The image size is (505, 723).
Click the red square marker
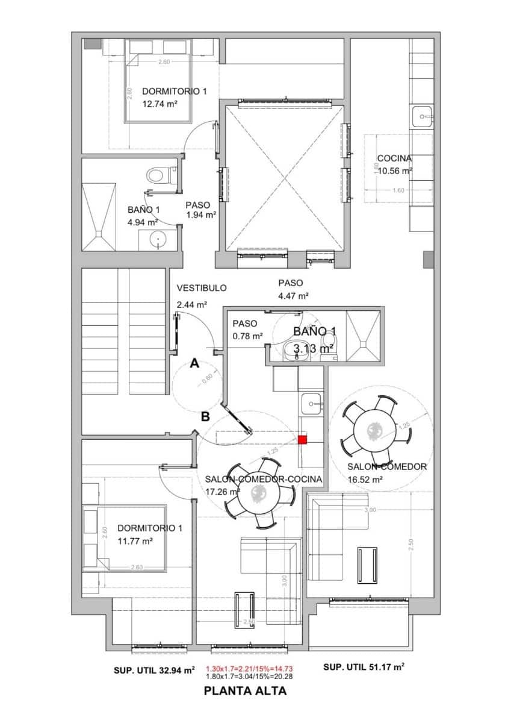(x=303, y=439)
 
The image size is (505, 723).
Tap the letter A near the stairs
(x=194, y=363)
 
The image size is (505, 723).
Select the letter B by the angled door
(x=205, y=416)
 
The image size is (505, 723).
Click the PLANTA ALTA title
(x=246, y=691)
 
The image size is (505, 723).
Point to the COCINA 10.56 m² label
(x=395, y=164)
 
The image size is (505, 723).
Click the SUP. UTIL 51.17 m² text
(x=364, y=667)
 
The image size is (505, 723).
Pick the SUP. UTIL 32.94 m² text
(x=154, y=670)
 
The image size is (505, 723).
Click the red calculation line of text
(x=249, y=669)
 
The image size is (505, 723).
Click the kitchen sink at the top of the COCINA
(x=424, y=116)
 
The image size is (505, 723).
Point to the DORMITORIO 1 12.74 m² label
(x=174, y=97)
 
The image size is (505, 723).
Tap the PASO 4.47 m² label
(x=293, y=289)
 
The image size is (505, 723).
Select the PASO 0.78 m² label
(x=247, y=330)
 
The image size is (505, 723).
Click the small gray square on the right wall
(x=428, y=260)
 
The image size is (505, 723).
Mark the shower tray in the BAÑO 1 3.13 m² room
(x=363, y=337)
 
